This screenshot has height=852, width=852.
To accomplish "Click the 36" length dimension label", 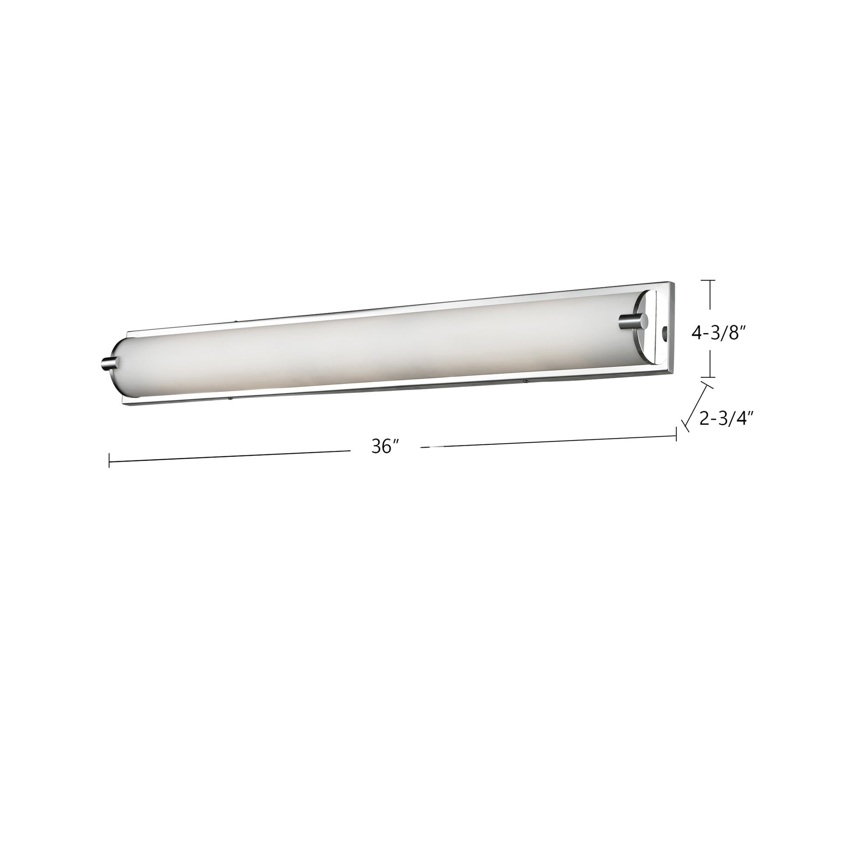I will pyautogui.click(x=385, y=447).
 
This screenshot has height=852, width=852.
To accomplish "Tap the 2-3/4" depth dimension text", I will pyautogui.click(x=725, y=419).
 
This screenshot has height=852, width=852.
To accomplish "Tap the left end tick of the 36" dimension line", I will pyautogui.click(x=109, y=460).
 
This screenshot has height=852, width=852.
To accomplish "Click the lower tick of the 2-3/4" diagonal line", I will pyautogui.click(x=685, y=425).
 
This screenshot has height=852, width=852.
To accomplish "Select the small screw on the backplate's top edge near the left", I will pyautogui.click(x=236, y=321).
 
